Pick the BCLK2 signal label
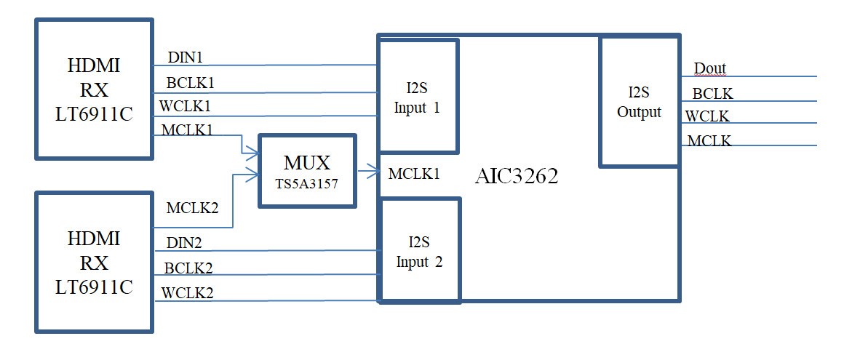[x=188, y=267]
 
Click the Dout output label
[x=710, y=69]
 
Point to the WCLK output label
[x=707, y=116]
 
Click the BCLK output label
[x=712, y=93]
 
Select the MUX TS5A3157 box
[x=308, y=170]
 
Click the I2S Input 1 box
[x=418, y=95]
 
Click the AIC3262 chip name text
[x=517, y=176]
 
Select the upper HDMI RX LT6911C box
[x=94, y=89]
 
